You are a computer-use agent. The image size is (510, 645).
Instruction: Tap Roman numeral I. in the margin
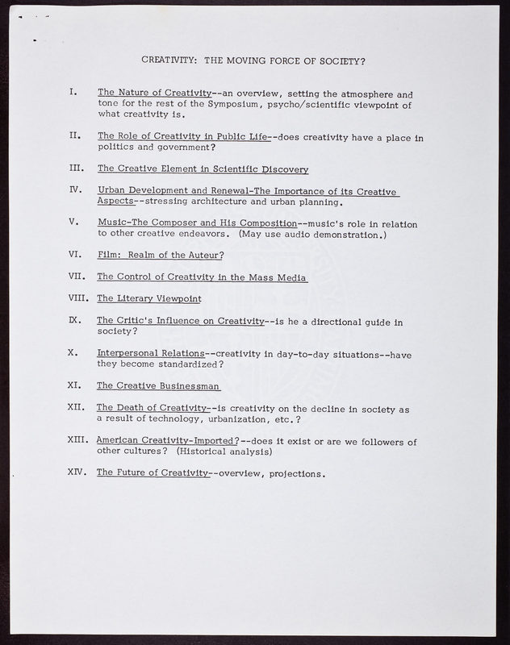click(73, 94)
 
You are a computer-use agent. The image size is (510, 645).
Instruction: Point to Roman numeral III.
click(77, 169)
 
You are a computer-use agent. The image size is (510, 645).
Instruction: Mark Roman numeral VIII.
click(80, 298)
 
